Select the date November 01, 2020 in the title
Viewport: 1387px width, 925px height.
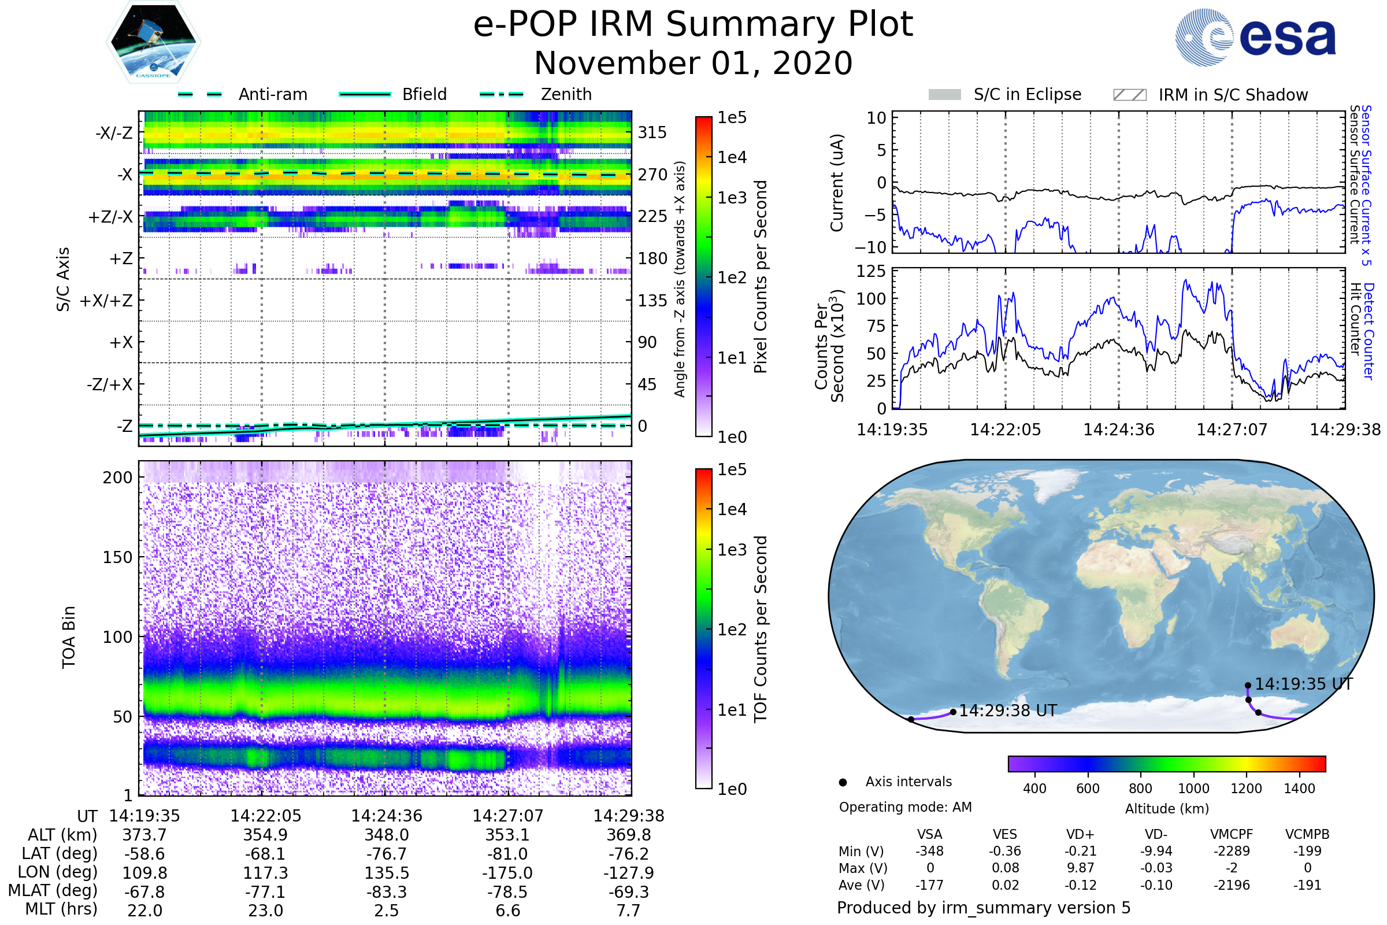pyautogui.click(x=693, y=63)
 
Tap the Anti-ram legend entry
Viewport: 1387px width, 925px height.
pyautogui.click(x=272, y=94)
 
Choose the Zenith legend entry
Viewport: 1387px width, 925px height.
pyautogui.click(x=566, y=94)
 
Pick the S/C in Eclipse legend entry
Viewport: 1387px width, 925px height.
pyautogui.click(x=1027, y=94)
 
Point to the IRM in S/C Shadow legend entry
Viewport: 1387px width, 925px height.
pyautogui.click(x=1233, y=94)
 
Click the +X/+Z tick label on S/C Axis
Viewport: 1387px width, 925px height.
pyautogui.click(x=106, y=301)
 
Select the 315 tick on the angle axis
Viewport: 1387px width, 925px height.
pyautogui.click(x=652, y=132)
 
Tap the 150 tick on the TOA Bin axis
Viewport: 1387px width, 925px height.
pyautogui.click(x=117, y=557)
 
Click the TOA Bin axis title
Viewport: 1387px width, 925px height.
pyautogui.click(x=68, y=637)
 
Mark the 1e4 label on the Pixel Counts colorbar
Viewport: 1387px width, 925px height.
pyautogui.click(x=732, y=157)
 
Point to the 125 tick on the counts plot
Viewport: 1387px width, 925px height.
pyautogui.click(x=871, y=271)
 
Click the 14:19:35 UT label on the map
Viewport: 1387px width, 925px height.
pyautogui.click(x=1303, y=684)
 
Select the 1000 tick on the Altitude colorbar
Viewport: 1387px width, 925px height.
pyautogui.click(x=1193, y=789)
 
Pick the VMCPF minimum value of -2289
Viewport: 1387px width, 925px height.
pyautogui.click(x=1232, y=851)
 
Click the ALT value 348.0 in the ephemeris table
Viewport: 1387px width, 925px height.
pyautogui.click(x=386, y=835)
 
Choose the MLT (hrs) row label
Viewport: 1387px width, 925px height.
pyautogui.click(x=61, y=909)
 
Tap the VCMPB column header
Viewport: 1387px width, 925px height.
pyautogui.click(x=1307, y=835)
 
